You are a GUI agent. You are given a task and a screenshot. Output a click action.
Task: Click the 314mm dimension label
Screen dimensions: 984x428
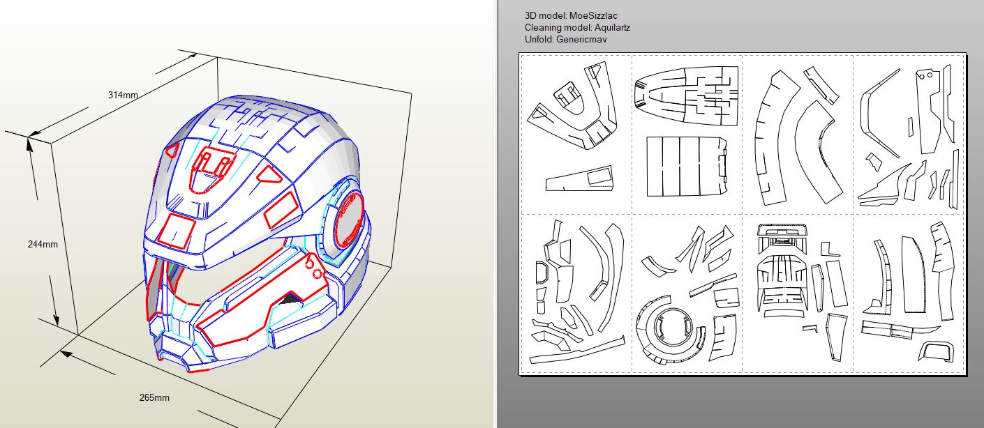(123, 95)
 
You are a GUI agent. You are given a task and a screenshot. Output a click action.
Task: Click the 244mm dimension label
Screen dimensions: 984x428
(43, 245)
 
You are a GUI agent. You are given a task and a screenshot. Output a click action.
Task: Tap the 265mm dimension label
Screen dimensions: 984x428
(154, 398)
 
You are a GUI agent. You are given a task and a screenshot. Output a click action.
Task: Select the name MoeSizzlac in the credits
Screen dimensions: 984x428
(593, 16)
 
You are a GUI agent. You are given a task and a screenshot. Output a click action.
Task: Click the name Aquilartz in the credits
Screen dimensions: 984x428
(612, 28)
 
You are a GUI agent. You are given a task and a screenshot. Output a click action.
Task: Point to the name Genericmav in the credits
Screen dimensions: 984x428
(581, 40)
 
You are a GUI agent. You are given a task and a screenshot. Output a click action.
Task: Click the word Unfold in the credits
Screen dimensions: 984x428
(539, 40)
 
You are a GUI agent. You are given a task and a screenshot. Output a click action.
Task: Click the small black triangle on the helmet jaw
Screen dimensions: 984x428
(288, 300)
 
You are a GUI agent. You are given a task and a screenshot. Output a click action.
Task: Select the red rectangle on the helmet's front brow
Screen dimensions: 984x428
(177, 231)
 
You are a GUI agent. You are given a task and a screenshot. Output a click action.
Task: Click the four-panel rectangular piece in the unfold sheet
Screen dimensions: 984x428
(686, 167)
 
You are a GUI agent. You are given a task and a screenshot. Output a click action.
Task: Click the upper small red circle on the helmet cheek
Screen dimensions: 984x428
(310, 263)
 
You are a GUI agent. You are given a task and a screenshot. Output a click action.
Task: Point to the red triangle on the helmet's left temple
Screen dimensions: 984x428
(172, 150)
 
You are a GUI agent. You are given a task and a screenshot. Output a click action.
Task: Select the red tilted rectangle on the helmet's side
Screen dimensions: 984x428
(281, 211)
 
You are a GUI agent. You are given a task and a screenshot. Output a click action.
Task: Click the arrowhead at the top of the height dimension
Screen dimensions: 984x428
(29, 143)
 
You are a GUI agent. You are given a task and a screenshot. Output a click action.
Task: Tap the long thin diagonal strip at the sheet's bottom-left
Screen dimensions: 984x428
(576, 351)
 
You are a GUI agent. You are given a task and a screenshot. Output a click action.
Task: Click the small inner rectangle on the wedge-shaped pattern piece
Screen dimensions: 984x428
(599, 176)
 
